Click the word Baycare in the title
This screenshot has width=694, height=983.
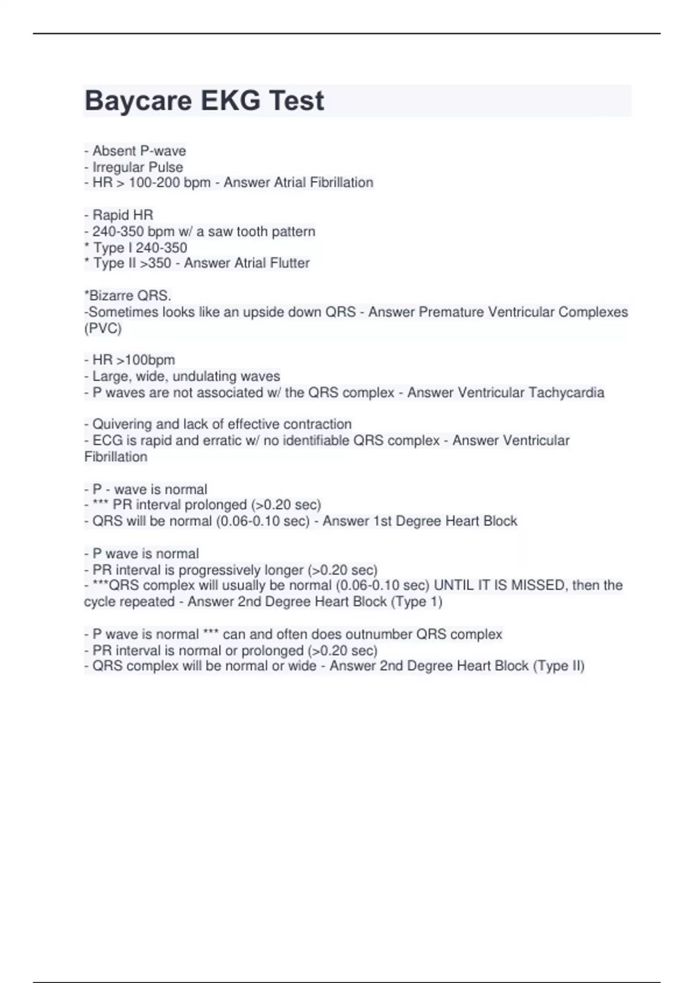[138, 101]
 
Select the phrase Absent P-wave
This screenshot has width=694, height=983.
[139, 151]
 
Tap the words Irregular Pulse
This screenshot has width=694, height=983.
[138, 167]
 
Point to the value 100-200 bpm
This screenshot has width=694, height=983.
[169, 183]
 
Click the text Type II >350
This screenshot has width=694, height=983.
[132, 263]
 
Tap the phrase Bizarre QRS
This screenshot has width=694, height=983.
[130, 295]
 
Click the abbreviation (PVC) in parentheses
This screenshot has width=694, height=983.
[103, 328]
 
